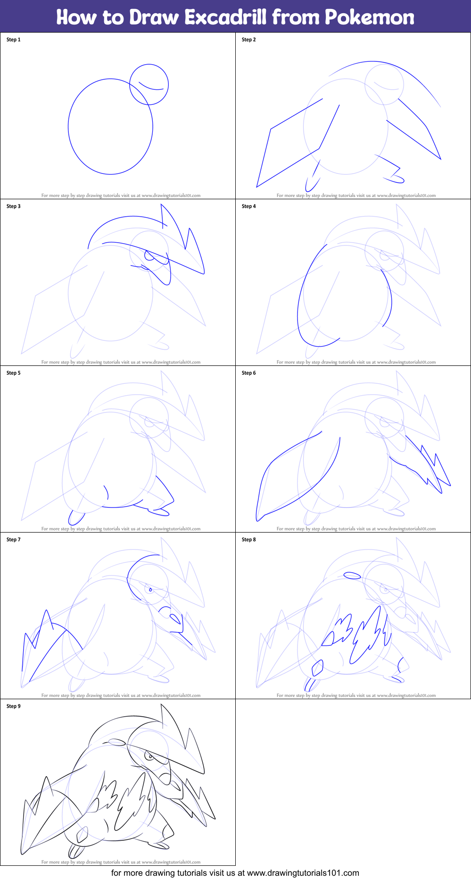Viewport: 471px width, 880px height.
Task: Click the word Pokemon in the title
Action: tap(369, 17)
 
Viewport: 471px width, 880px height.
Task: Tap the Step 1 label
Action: tap(14, 40)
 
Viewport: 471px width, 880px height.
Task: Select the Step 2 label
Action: tap(249, 40)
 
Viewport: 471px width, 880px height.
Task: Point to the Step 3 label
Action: tap(14, 206)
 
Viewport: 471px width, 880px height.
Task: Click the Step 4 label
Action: tap(249, 206)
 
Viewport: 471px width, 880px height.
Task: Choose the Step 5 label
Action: tap(14, 373)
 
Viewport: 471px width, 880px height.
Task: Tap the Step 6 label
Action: tap(249, 373)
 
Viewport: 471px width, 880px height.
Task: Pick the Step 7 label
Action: tap(14, 540)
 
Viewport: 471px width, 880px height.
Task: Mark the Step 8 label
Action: tap(249, 540)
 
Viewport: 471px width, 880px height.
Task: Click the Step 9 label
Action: tap(14, 706)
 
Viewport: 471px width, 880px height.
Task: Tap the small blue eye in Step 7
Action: tap(150, 590)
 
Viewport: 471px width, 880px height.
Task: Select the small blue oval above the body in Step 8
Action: tap(352, 575)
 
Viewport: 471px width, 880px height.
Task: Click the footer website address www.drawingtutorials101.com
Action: tap(303, 873)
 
